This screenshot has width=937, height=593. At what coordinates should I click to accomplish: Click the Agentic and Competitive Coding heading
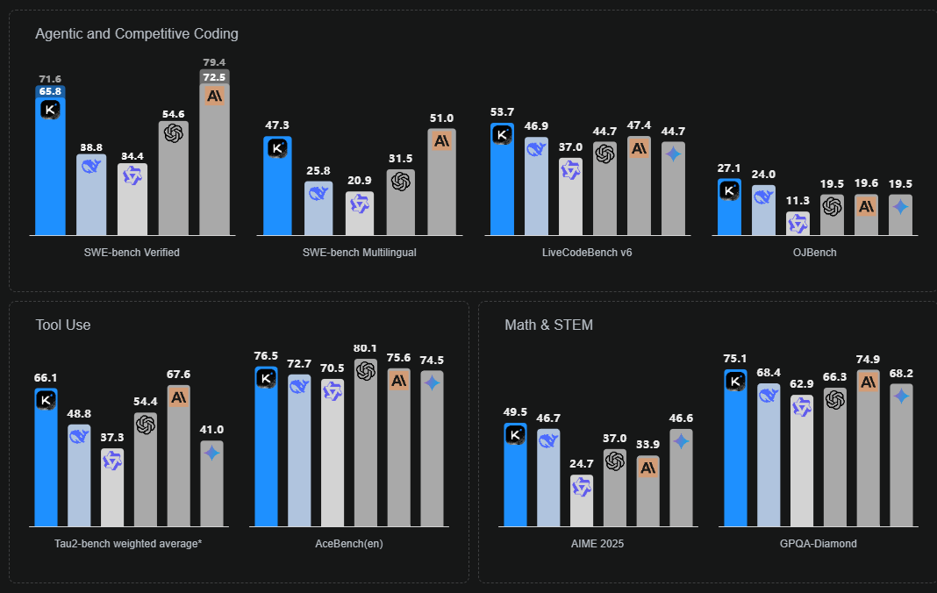coord(137,34)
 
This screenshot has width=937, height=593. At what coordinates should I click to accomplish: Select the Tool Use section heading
coord(63,325)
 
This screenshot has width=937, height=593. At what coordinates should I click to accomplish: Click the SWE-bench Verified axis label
coord(132,253)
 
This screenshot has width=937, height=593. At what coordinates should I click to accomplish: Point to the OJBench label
coord(815,253)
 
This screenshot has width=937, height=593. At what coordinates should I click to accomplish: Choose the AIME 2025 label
coord(597,544)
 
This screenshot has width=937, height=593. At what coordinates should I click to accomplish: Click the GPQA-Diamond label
coord(818,544)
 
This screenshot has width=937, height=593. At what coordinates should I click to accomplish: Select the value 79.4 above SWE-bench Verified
coord(214,62)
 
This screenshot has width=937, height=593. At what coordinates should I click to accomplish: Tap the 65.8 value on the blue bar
coord(50,91)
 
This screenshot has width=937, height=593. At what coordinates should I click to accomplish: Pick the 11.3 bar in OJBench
coord(798,224)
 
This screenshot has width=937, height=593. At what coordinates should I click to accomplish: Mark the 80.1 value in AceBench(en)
coord(366,349)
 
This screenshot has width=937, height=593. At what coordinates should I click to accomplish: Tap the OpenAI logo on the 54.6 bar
coord(174,132)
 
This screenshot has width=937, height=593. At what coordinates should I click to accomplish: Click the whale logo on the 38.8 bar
coord(91,166)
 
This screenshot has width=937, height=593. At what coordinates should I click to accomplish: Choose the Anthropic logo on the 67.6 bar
coord(179,397)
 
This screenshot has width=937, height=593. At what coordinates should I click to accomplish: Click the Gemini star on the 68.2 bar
coord(901,397)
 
